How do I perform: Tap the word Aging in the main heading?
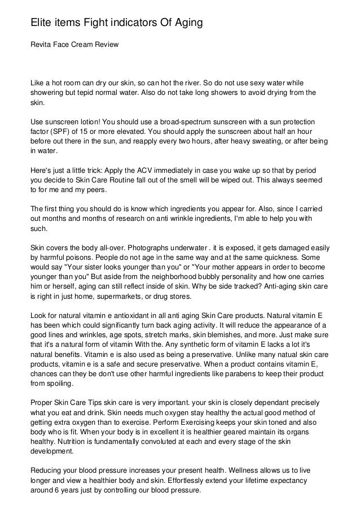click(x=183, y=23)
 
